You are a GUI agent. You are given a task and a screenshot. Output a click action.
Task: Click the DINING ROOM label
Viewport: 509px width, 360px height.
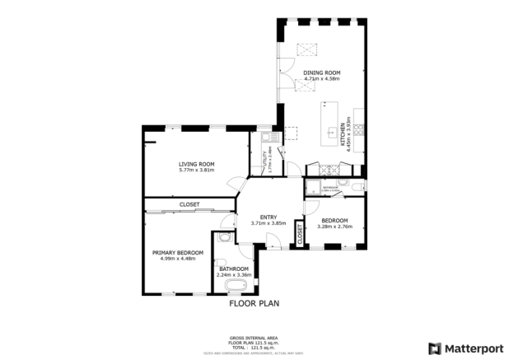point(322,73)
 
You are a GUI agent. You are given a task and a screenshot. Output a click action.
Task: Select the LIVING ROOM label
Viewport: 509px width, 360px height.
point(196,164)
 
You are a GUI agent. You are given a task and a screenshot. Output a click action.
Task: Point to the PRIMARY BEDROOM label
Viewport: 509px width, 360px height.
point(178,252)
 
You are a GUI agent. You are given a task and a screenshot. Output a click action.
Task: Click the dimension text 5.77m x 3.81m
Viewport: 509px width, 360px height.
point(196,171)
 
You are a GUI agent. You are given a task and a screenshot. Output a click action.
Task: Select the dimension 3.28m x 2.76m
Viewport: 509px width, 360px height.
point(334,226)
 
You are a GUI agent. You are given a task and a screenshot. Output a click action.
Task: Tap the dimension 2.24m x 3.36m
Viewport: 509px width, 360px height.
point(234,275)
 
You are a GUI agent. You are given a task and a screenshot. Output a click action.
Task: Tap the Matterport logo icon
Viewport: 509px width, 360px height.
point(435,348)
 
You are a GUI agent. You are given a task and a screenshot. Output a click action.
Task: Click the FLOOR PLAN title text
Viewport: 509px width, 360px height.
point(254,303)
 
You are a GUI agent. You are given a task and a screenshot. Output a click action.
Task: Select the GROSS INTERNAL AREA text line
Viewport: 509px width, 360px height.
point(254,338)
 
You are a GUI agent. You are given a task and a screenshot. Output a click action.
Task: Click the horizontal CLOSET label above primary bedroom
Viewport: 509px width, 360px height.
point(189,204)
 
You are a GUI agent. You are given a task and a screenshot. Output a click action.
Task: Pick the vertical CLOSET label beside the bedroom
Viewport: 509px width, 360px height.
point(300,235)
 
